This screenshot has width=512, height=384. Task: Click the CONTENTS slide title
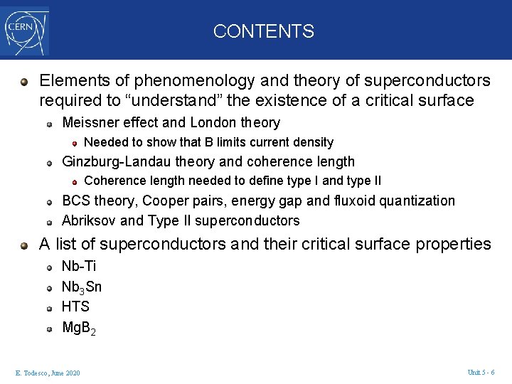point(263,31)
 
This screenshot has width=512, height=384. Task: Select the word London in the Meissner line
point(212,123)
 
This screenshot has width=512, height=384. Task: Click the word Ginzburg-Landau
point(117,161)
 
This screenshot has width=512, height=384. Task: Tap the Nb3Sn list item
point(82,287)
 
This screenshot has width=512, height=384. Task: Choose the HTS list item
point(76,306)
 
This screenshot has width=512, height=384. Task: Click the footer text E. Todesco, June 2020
point(48,373)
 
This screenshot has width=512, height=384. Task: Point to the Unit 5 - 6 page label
point(481,373)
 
